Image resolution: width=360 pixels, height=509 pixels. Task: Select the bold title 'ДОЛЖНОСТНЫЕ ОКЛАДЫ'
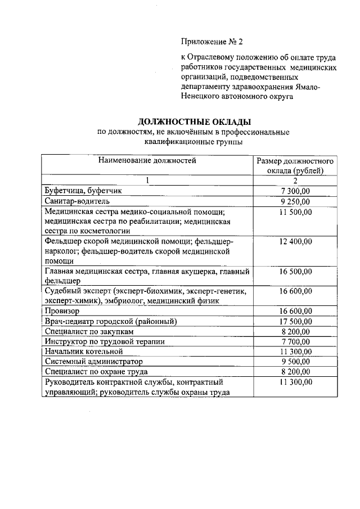[194, 121]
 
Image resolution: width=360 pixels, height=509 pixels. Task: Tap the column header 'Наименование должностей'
[147, 160]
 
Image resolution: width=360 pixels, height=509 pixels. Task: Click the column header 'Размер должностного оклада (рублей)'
[295, 165]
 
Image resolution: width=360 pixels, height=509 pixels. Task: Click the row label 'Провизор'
[61, 311]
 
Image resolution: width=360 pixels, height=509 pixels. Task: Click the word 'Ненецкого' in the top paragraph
[200, 97]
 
